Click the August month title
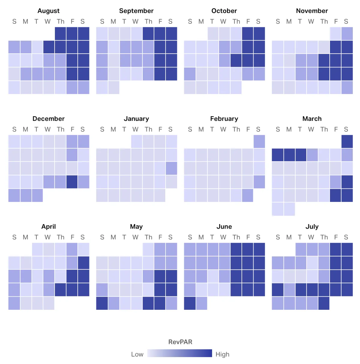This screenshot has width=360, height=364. click(x=49, y=11)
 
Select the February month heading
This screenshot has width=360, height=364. click(x=224, y=119)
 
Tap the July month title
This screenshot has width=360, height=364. click(x=312, y=226)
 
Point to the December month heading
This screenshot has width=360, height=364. click(x=49, y=119)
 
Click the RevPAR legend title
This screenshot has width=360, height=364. click(x=180, y=342)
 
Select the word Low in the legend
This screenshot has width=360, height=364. click(x=137, y=354)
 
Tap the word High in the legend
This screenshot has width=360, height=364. click(x=222, y=354)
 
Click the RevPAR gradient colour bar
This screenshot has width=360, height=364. click(x=180, y=353)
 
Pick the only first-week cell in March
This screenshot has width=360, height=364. click(x=347, y=141)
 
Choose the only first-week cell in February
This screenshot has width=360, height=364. click(x=259, y=141)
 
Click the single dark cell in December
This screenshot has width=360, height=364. click(x=72, y=182)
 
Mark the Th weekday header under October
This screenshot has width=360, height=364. click(x=236, y=22)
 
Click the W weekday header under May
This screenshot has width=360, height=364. click(x=135, y=237)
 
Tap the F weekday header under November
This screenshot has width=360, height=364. click(x=336, y=22)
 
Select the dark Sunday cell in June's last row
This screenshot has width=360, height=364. click(x=190, y=303)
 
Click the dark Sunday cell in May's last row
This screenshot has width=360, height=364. click(x=102, y=303)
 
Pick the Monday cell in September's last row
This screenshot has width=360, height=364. click(x=113, y=87)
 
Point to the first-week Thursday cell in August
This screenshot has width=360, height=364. click(x=61, y=34)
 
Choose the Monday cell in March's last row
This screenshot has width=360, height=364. click(x=289, y=209)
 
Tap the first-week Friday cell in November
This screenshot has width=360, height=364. click(x=335, y=34)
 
